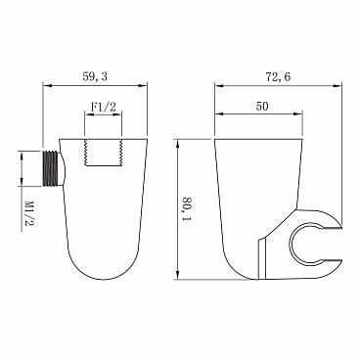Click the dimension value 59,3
pyautogui.click(x=95, y=77)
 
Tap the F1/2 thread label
pyautogui.click(x=103, y=107)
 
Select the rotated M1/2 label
pyautogui.click(x=29, y=213)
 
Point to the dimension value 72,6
pyautogui.click(x=278, y=77)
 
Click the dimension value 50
pyautogui.click(x=262, y=107)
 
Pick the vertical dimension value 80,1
pyautogui.click(x=187, y=209)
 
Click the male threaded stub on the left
pyautogui.click(x=51, y=168)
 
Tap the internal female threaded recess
pyautogui.click(x=103, y=153)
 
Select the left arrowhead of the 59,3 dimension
pyautogui.click(x=48, y=86)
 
